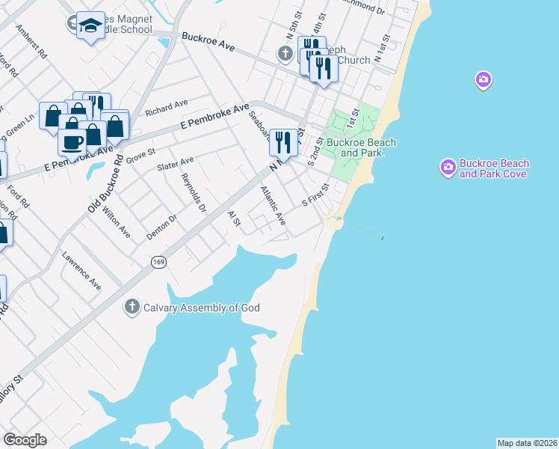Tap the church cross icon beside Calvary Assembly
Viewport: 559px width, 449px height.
tap(132, 307)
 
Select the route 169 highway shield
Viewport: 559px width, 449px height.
tap(158, 262)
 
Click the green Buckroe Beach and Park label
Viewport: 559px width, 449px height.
tap(361, 147)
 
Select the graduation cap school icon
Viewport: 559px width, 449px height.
tap(90, 25)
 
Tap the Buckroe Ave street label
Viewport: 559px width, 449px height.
tap(208, 42)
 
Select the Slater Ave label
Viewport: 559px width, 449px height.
tap(175, 163)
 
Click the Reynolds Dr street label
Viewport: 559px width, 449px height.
tap(194, 193)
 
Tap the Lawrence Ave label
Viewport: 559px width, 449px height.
tap(82, 270)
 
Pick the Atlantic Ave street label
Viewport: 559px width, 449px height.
tap(273, 206)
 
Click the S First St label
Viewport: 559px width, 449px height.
tap(315, 195)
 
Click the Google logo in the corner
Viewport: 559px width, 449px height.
tap(25, 440)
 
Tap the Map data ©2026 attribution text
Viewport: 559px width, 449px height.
tap(526, 442)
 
